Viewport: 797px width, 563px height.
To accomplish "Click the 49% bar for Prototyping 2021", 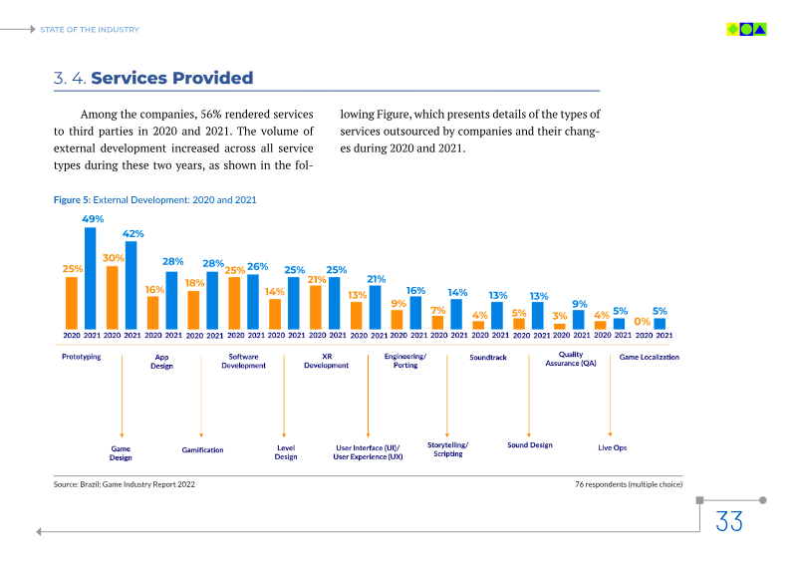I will (x=91, y=279).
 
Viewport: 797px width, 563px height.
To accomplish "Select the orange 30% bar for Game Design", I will (x=113, y=297).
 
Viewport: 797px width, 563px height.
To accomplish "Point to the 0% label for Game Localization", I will (x=643, y=321).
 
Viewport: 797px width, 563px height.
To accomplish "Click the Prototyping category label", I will (x=82, y=357).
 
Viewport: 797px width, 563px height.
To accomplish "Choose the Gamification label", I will (x=202, y=450).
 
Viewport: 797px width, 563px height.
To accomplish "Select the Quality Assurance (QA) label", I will (x=571, y=359).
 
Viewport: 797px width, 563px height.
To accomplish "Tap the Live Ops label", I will (x=612, y=447).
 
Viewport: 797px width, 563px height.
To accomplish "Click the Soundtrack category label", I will (x=489, y=357).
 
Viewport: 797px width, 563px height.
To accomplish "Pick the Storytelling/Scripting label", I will (x=447, y=449).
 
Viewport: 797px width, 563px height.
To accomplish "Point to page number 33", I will (x=729, y=520).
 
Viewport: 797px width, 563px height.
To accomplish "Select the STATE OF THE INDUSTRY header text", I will (x=90, y=30).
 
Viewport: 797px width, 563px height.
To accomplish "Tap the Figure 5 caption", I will (x=154, y=200).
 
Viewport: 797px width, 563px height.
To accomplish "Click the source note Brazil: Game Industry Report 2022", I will (x=125, y=484).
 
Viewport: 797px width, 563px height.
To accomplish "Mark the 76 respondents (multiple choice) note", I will (x=628, y=484).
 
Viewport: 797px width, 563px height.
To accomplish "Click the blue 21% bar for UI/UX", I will (x=376, y=308).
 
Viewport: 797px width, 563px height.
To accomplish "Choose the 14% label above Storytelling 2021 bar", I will (x=457, y=293).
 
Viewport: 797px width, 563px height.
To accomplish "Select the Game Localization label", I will (x=650, y=357).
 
